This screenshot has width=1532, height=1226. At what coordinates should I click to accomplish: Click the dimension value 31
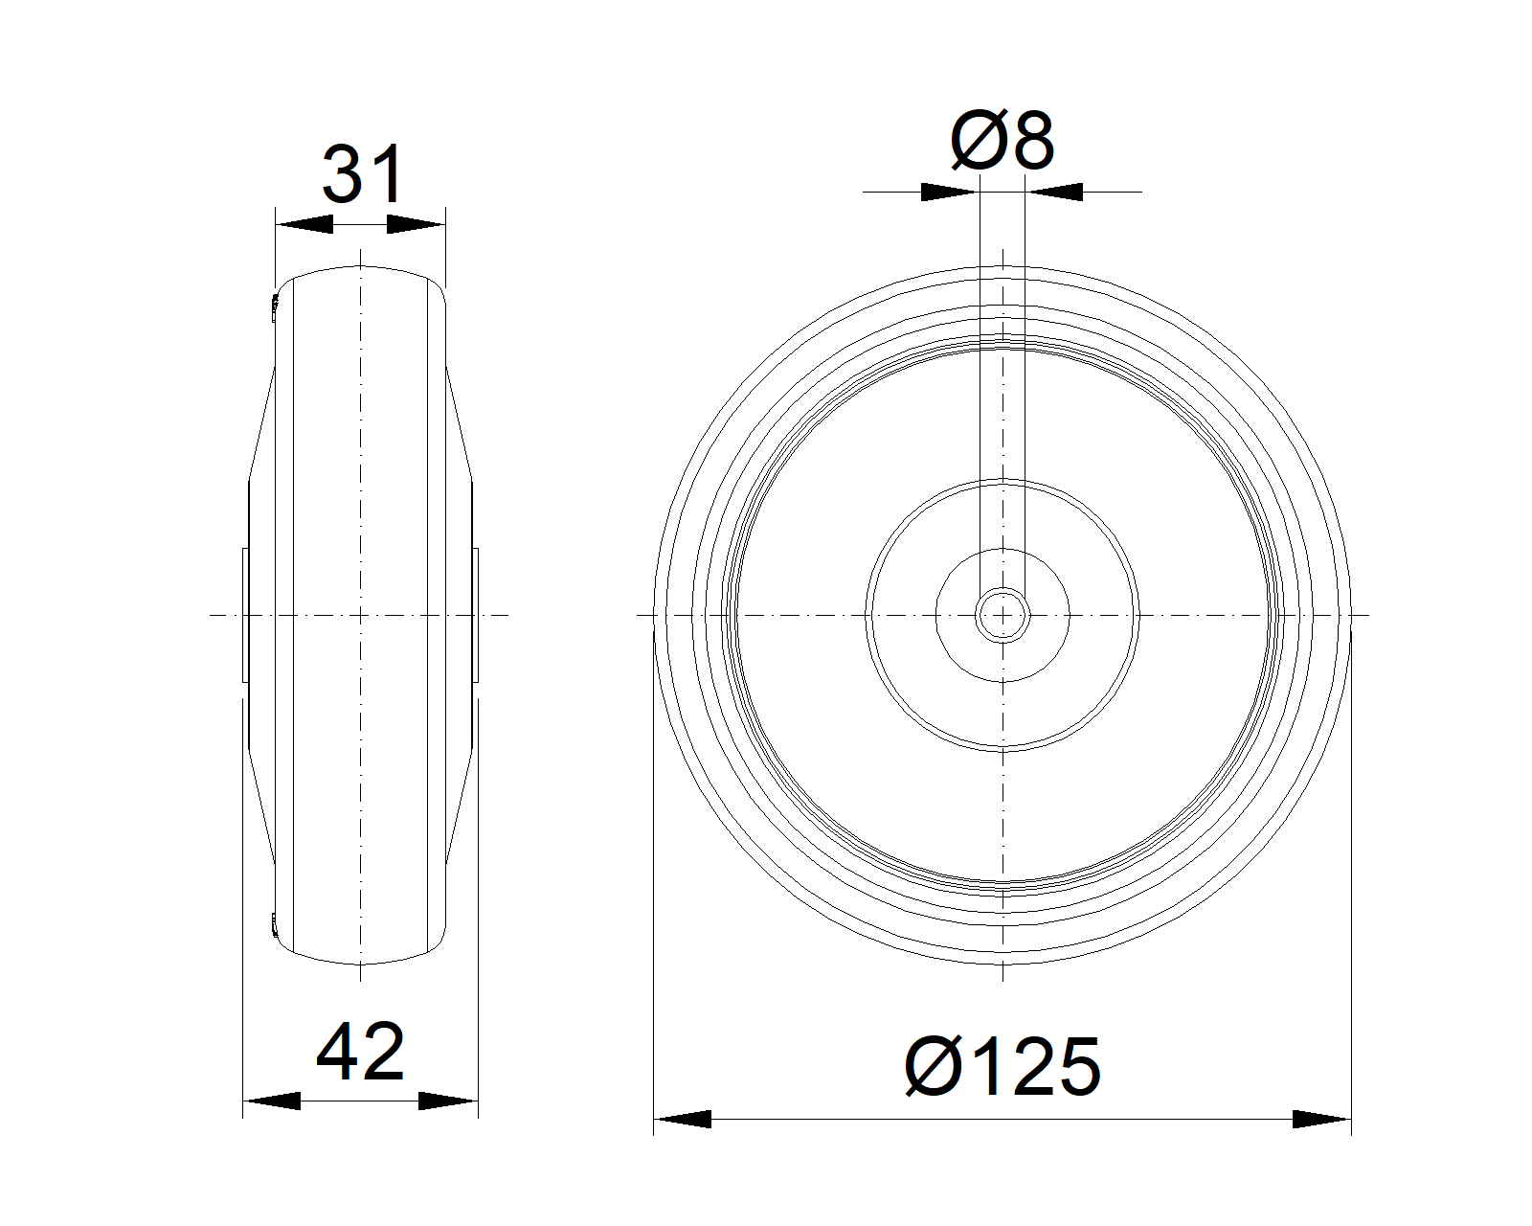[x=363, y=174]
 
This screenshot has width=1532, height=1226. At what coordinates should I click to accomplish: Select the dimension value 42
[x=360, y=1053]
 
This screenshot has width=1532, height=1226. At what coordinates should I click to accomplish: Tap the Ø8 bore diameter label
[x=1003, y=141]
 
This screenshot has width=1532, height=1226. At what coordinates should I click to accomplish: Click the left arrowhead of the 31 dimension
[x=304, y=224]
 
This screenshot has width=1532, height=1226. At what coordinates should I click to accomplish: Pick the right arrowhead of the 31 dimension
[x=416, y=224]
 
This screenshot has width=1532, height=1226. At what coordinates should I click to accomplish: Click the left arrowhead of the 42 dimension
[x=272, y=1101]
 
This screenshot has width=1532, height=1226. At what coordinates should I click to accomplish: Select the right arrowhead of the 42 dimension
[x=447, y=1101]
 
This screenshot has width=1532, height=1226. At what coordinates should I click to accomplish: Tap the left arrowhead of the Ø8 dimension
[x=950, y=192]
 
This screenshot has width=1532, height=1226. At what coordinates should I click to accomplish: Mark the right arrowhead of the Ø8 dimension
[x=1054, y=192]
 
